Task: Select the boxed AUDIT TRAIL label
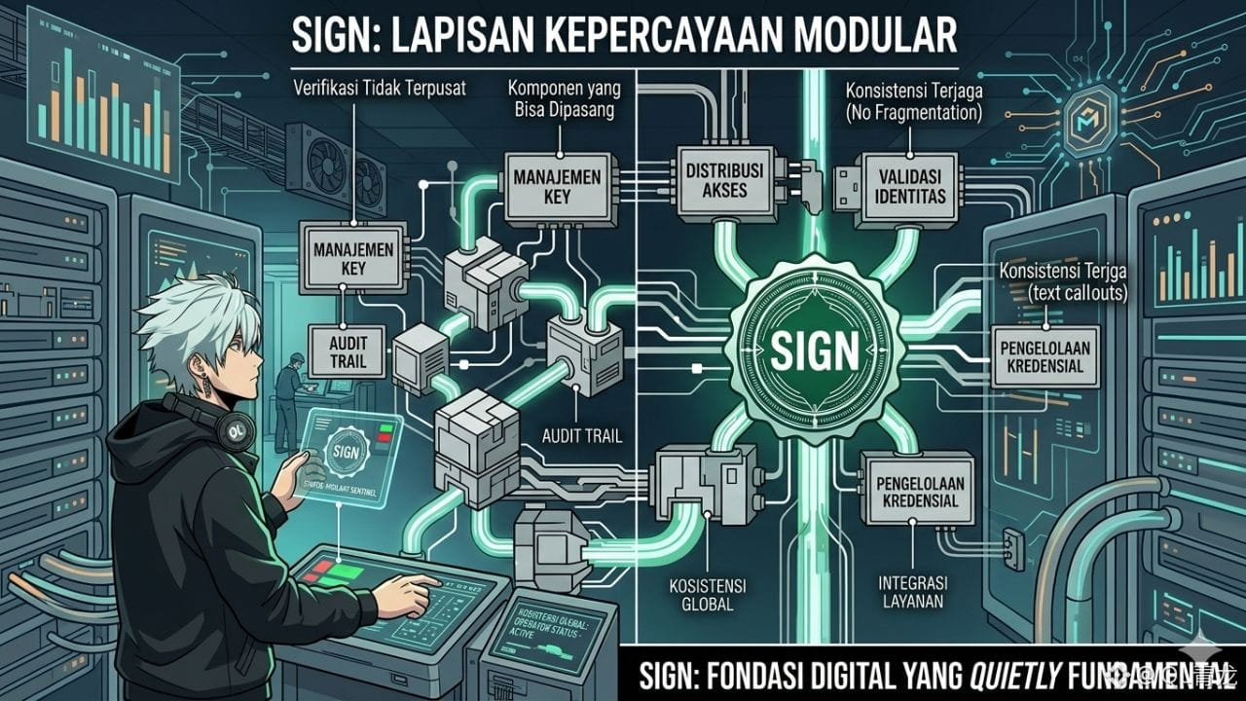coord(347,351)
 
